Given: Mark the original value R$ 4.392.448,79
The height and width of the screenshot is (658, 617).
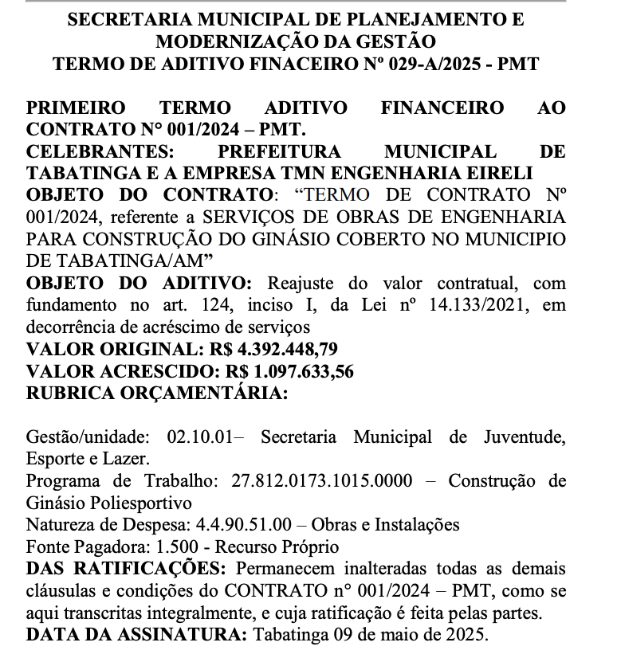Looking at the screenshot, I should (x=274, y=349).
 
